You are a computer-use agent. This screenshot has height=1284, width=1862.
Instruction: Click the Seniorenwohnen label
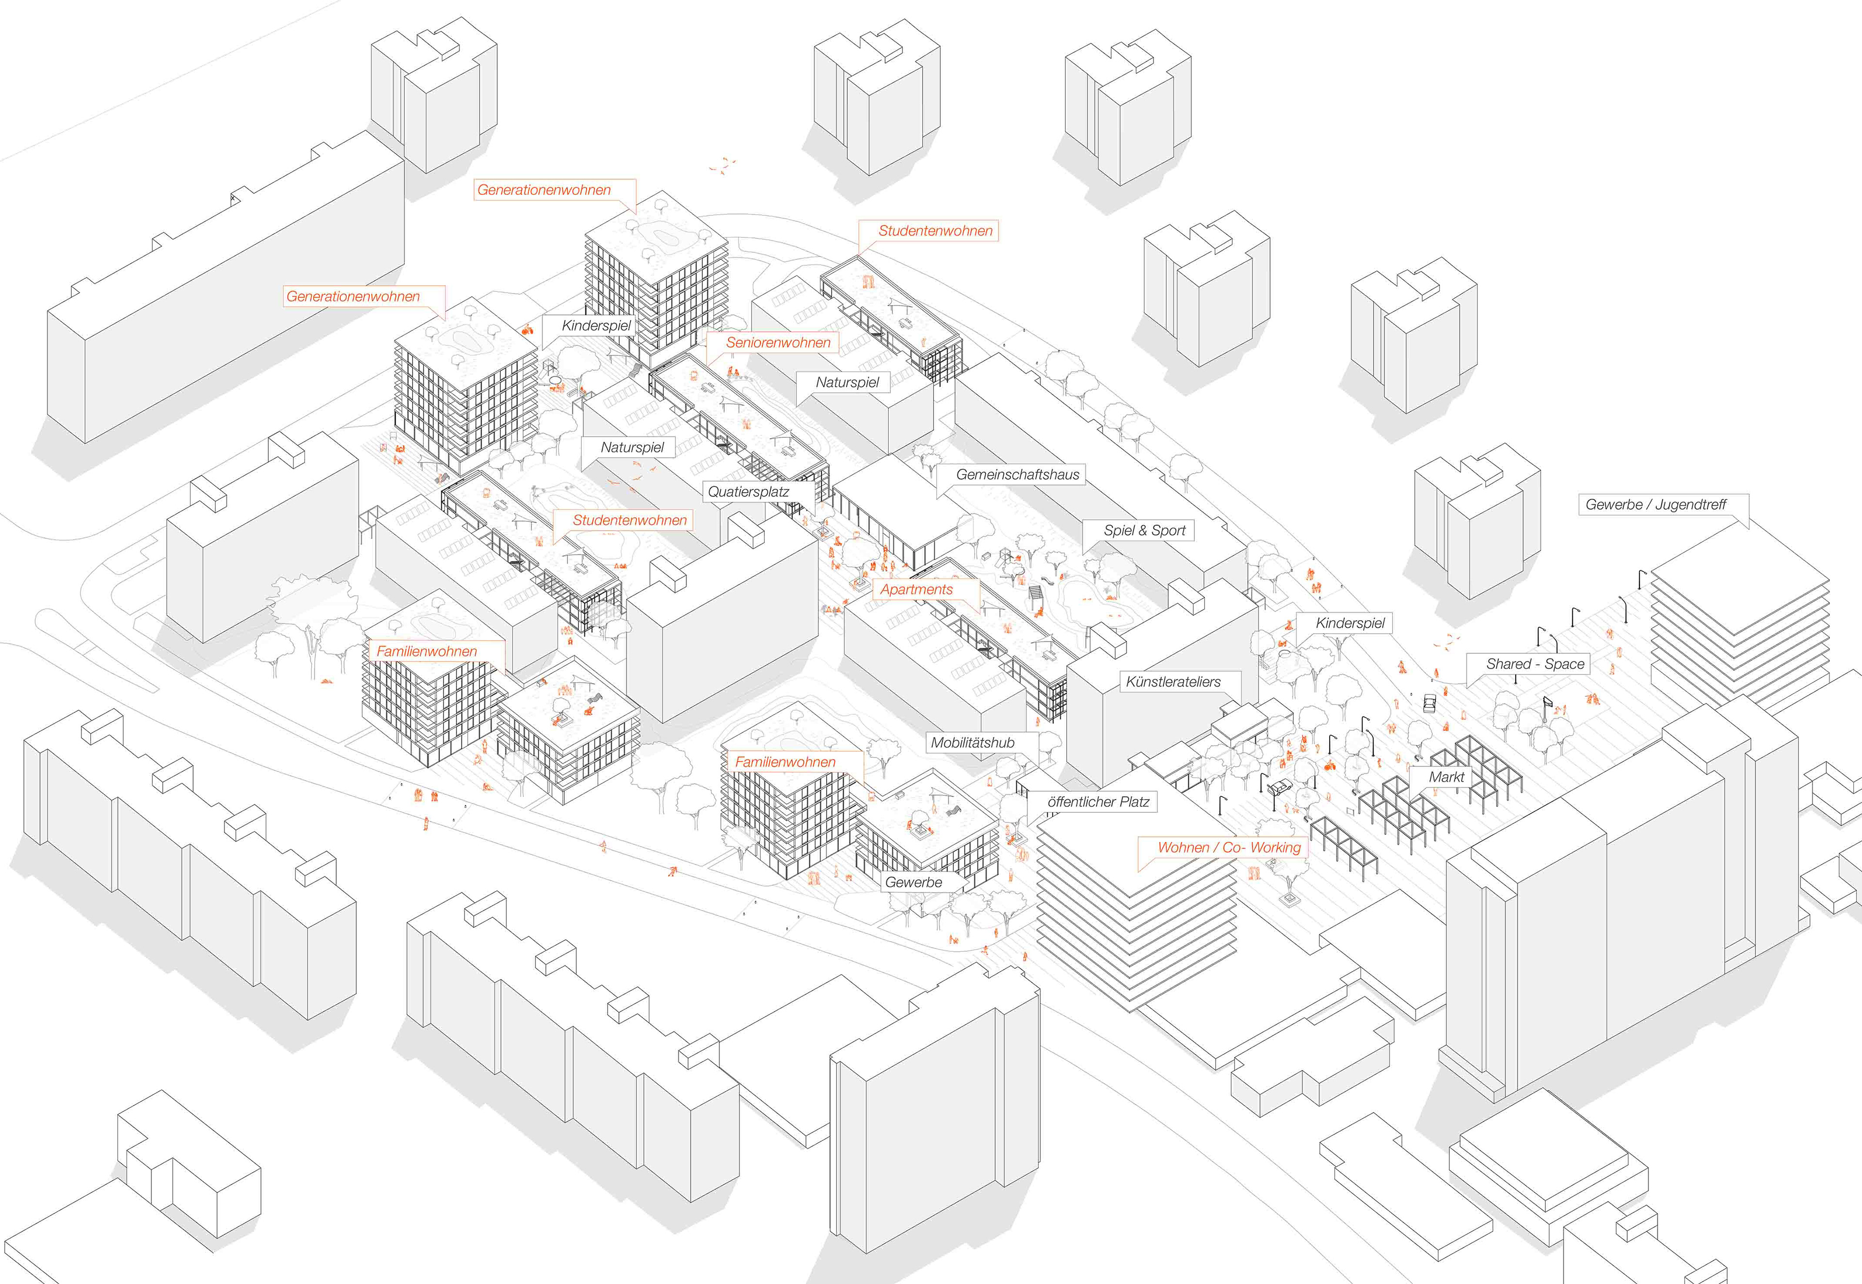coord(778,343)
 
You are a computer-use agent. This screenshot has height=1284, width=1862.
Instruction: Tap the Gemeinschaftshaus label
coord(1017,475)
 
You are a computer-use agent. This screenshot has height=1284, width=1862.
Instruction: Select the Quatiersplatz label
coord(748,492)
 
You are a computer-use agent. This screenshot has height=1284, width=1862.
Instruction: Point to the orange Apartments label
coord(916,590)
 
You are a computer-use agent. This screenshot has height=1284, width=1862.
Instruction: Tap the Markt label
coord(1446,777)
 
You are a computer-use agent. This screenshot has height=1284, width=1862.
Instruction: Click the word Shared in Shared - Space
coord(1508,664)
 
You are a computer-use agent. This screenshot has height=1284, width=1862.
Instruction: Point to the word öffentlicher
coord(1082,802)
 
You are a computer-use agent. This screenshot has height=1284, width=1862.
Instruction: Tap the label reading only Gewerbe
coord(913,883)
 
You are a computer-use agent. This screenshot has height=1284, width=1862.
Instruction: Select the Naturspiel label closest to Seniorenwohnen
coord(847,383)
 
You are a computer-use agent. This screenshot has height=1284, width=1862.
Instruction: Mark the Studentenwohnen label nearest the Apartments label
coord(630,520)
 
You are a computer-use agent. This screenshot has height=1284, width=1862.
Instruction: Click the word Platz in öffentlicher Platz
coord(1134,802)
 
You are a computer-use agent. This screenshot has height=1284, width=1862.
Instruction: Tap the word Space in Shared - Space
coord(1564,664)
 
